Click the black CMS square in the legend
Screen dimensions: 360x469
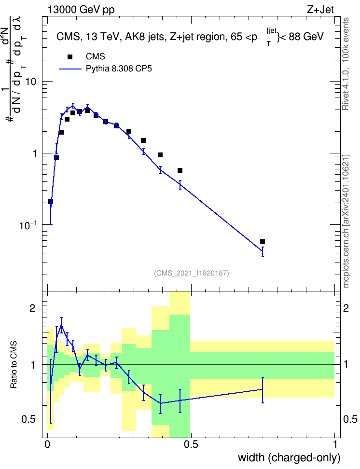(70, 57)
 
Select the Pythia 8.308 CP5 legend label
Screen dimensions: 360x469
(119, 69)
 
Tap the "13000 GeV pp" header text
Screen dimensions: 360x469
(81, 10)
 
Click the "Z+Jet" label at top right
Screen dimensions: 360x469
(320, 10)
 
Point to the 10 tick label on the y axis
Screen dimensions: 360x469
(31, 82)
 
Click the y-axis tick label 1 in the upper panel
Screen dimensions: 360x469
(34, 153)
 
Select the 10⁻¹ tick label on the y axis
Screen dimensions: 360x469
(28, 225)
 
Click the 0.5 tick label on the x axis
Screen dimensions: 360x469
(191, 444)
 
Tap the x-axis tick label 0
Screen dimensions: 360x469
(47, 444)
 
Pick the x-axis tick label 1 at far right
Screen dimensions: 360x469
(335, 444)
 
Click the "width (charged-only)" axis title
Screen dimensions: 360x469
(289, 458)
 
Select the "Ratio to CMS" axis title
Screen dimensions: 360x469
(14, 365)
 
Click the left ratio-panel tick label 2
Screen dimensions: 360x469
(32, 309)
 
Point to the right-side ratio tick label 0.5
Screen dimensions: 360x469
(350, 420)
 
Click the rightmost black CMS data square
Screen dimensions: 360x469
(263, 242)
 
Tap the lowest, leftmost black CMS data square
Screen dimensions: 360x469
(51, 202)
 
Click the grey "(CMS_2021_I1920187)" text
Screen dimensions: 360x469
(192, 273)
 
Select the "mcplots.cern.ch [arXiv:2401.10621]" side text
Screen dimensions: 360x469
(346, 221)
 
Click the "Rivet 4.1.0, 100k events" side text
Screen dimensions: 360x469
(346, 64)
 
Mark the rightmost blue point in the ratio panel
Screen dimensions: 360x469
(263, 389)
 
